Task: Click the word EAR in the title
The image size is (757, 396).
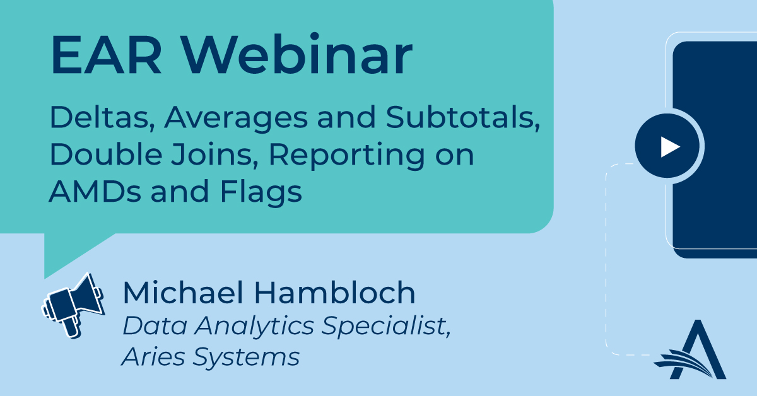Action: (x=106, y=55)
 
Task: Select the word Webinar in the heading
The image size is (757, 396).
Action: (x=296, y=54)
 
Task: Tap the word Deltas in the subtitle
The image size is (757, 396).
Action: (x=102, y=117)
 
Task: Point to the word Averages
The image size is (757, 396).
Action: (x=236, y=119)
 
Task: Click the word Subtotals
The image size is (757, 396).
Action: (x=463, y=117)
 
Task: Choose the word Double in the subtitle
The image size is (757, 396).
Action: (x=106, y=154)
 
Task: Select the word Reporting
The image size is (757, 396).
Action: (x=347, y=156)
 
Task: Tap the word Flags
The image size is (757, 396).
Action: (x=261, y=193)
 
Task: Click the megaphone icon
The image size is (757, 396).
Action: (x=73, y=305)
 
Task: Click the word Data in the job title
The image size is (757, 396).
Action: (x=155, y=325)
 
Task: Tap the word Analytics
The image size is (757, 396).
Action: (x=254, y=327)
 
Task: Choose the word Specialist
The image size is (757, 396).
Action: (x=386, y=327)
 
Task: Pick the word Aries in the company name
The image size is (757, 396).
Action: (x=153, y=356)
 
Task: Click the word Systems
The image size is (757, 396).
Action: (x=246, y=358)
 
